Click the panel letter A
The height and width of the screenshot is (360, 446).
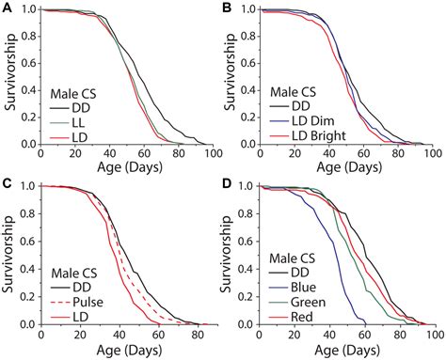click(7, 8)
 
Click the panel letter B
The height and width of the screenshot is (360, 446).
click(228, 8)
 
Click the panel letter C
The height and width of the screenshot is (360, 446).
click(7, 184)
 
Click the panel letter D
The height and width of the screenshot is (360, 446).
click(228, 184)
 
